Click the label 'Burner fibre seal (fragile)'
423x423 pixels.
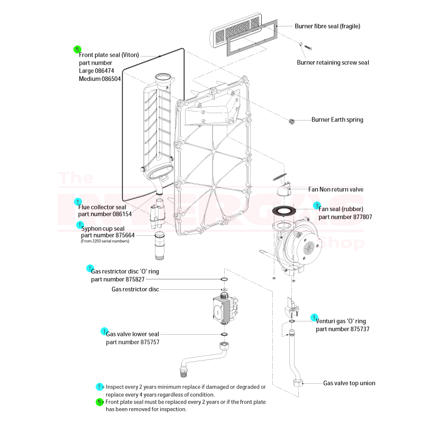[x=327, y=26]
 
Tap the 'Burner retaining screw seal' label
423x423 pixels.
[x=333, y=62]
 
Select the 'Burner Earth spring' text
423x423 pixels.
[x=337, y=120]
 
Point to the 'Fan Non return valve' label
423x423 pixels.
[x=336, y=189]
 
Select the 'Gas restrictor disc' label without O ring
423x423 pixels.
[x=135, y=289]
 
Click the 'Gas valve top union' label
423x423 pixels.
[x=349, y=383]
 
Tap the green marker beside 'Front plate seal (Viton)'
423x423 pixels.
[x=77, y=50]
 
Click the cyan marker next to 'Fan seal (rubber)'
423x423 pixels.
[x=317, y=205]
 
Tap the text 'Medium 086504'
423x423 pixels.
[x=100, y=79]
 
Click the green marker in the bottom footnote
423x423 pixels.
[x=99, y=402]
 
